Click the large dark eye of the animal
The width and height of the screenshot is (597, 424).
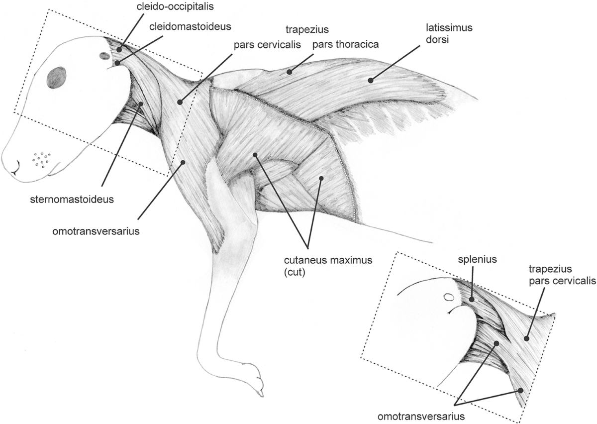pyautogui.click(x=56, y=78)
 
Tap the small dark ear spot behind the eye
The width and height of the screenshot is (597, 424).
pyautogui.click(x=105, y=56)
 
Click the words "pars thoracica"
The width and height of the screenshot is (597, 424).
pyautogui.click(x=346, y=44)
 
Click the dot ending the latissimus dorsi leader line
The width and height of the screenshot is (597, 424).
pyautogui.click(x=370, y=80)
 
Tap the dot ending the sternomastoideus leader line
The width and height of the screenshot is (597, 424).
pyautogui.click(x=141, y=104)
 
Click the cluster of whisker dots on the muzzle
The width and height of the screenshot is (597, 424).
pyautogui.click(x=41, y=159)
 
